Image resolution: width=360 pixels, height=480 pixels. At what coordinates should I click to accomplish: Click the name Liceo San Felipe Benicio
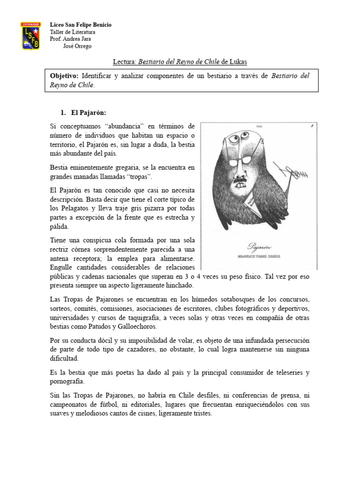click(x=80, y=24)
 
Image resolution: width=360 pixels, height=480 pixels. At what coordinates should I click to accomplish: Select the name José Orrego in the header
click(x=77, y=46)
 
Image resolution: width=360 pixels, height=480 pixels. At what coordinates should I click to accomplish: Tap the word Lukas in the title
click(x=238, y=62)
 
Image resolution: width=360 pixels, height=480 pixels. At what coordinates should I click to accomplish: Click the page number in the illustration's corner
click(x=312, y=126)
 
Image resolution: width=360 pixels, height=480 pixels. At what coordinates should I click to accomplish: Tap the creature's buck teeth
click(x=244, y=188)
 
